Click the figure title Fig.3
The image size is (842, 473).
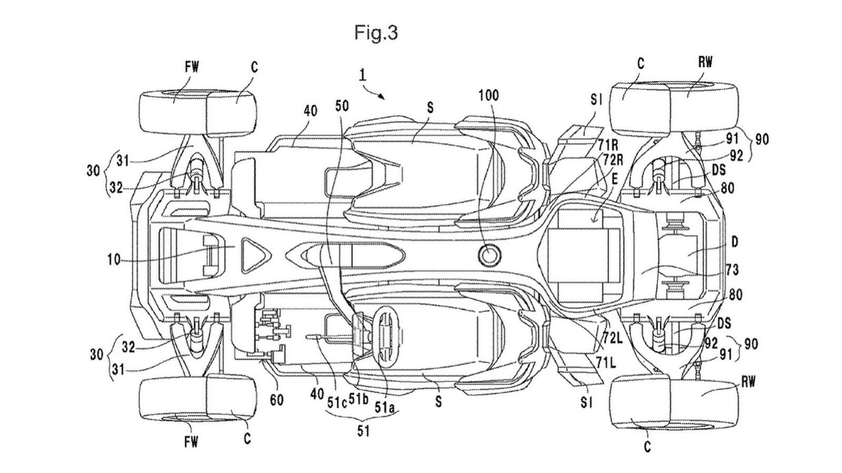click(376, 33)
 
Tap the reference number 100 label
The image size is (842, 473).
click(489, 95)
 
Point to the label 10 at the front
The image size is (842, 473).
click(113, 259)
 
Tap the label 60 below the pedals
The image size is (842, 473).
click(277, 400)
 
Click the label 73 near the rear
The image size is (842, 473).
click(732, 270)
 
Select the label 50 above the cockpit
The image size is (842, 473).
click(342, 106)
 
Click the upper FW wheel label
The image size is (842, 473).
click(192, 66)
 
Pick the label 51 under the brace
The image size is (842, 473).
click(363, 432)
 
